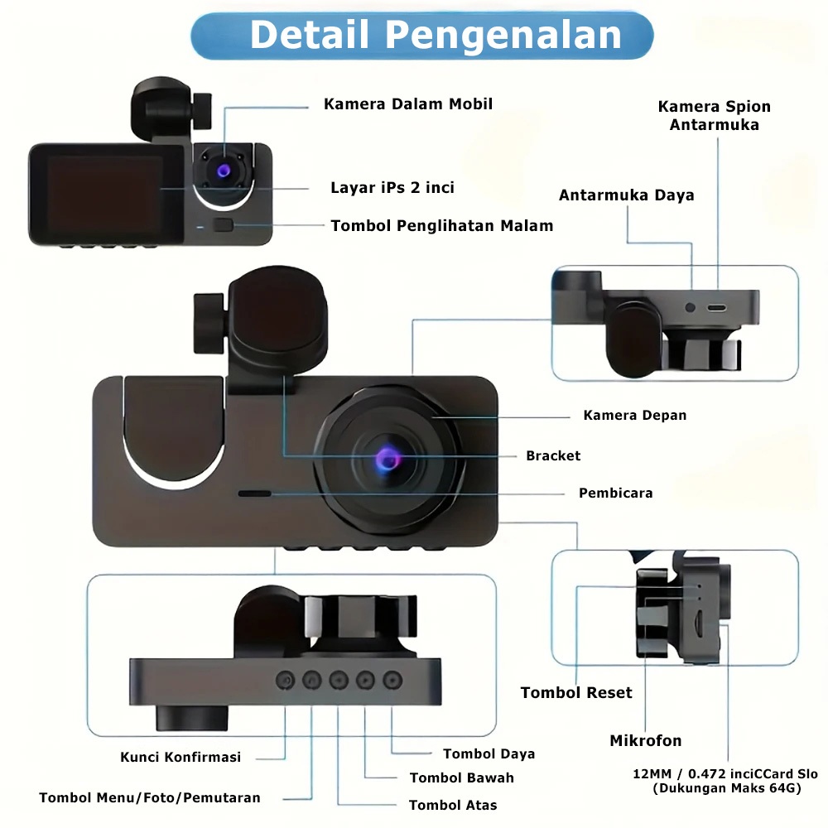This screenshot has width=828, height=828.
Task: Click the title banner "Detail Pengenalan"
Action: pyautogui.click(x=422, y=36)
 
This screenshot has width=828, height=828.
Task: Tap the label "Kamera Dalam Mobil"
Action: pyautogui.click(x=408, y=104)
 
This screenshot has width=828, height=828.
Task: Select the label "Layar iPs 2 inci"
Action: pyautogui.click(x=392, y=188)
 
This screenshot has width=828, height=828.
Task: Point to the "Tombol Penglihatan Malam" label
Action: pyautogui.click(x=442, y=225)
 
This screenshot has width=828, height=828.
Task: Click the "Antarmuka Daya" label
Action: pyautogui.click(x=626, y=195)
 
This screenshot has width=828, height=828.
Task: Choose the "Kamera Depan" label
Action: pyautogui.click(x=635, y=415)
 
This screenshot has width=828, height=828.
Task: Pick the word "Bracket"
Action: pyautogui.click(x=553, y=455)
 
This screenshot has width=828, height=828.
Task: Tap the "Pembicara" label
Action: pyautogui.click(x=615, y=493)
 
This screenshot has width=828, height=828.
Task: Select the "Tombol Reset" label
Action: pyautogui.click(x=576, y=692)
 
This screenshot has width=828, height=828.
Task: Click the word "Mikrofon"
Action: pyautogui.click(x=646, y=740)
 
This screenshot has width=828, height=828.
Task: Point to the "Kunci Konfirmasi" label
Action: pyautogui.click(x=181, y=757)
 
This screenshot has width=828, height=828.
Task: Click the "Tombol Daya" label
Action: pyautogui.click(x=489, y=753)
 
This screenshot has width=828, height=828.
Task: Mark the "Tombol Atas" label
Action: pyautogui.click(x=453, y=805)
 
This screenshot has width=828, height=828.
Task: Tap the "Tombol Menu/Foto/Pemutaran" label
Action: pyautogui.click(x=150, y=798)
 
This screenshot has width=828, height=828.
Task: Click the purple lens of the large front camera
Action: pyautogui.click(x=388, y=458)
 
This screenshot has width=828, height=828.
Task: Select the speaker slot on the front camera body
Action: pyautogui.click(x=254, y=493)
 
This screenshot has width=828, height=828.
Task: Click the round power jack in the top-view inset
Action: pyautogui.click(x=691, y=307)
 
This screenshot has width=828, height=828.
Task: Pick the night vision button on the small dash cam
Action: pyautogui.click(x=222, y=224)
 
